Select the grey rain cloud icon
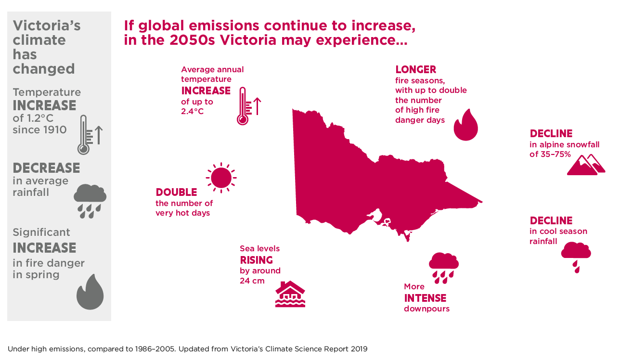[90, 201]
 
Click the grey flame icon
[90, 292]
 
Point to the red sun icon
[221, 178]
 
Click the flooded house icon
[290, 294]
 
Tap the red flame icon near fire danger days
[466, 125]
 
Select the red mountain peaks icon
[586, 165]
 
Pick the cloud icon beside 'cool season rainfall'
[576, 257]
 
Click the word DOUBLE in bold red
[176, 192]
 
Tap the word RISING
[256, 260]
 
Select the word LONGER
[416, 69]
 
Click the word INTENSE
[425, 298]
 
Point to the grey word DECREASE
[46, 168]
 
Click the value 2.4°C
[193, 112]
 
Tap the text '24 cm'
[252, 281]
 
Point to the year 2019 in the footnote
[359, 349]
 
